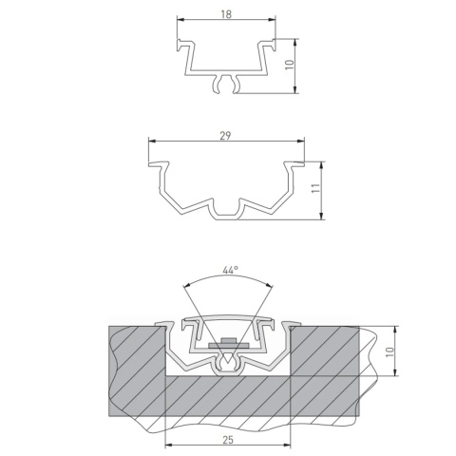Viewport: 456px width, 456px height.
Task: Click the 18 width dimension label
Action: (226, 14)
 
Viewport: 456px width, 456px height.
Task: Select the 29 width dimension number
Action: (225, 136)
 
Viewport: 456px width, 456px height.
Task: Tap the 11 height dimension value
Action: (315, 188)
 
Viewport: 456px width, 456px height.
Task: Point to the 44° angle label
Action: (230, 270)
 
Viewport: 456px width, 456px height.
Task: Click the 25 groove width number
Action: (228, 440)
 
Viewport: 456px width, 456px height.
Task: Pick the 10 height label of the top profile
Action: (290, 65)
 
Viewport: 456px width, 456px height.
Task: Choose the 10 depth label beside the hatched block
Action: (389, 351)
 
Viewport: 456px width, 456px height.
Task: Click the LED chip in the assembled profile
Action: (229, 341)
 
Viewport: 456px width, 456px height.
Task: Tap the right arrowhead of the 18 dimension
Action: (272, 19)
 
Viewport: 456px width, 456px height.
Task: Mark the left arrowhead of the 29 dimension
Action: (152, 141)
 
